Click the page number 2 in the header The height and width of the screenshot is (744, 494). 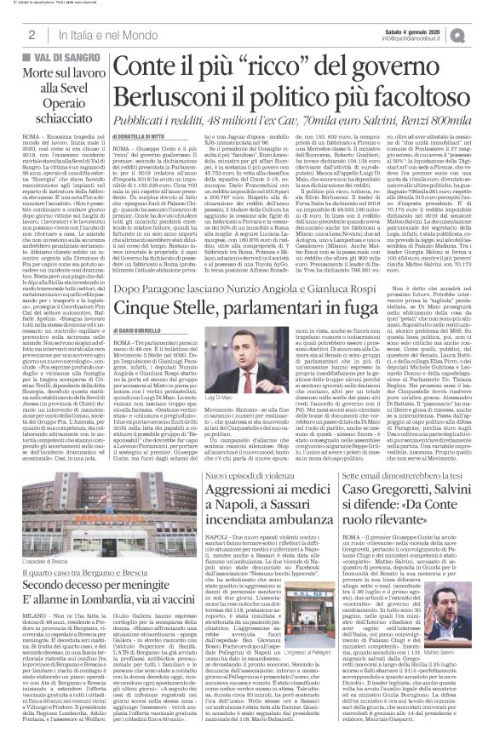coord(31,33)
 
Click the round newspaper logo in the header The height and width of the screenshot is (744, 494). coord(478,33)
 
